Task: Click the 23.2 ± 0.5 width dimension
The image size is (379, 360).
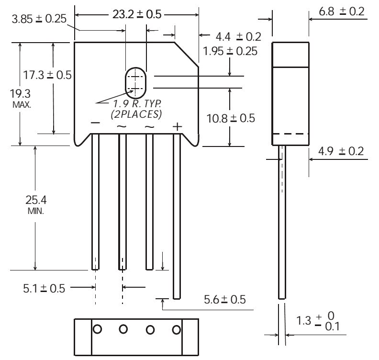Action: coord(137,14)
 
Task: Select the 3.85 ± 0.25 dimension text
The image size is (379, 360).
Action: coord(39,19)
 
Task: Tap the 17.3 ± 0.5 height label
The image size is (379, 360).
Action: coord(47,75)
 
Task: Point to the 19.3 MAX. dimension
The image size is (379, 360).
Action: coord(21,98)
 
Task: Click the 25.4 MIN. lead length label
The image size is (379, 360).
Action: coord(36,205)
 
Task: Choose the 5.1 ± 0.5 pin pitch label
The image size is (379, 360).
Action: coord(44,289)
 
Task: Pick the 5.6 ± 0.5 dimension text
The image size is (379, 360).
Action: coord(225,300)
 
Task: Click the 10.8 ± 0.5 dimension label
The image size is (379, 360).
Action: coord(231,118)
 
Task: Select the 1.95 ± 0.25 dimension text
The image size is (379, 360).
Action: coord(230,51)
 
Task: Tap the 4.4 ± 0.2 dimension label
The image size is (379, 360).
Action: coord(238,37)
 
